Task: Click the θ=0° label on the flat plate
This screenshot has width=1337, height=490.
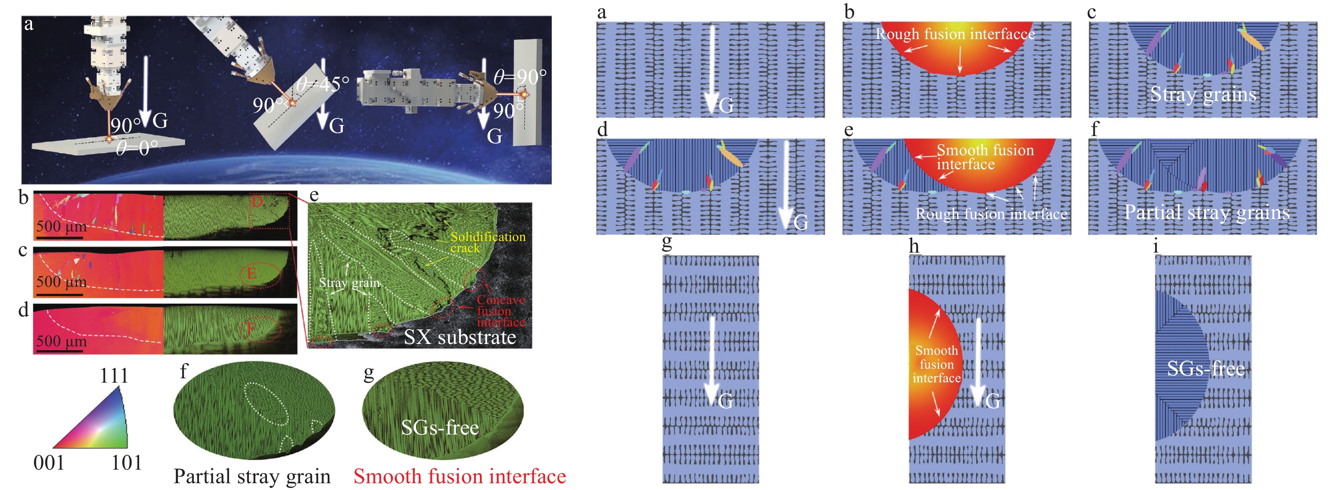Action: [x=137, y=148]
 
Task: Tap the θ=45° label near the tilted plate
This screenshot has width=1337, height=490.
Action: [x=322, y=84]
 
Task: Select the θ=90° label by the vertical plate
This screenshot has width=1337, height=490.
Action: [x=519, y=77]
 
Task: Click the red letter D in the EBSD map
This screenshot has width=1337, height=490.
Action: [x=257, y=201]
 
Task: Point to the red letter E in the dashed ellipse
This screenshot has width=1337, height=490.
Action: [x=251, y=273]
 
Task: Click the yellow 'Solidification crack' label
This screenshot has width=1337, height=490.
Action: [x=487, y=242]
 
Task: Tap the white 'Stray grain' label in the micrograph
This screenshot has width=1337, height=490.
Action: [x=349, y=283]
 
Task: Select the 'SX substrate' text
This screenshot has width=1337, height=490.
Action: [x=460, y=337]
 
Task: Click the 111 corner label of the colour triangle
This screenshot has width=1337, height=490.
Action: [x=113, y=375]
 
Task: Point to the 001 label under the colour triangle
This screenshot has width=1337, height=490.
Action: [x=49, y=462]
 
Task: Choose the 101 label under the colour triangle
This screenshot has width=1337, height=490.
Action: [x=127, y=462]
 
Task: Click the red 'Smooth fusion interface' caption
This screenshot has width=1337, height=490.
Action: [x=460, y=476]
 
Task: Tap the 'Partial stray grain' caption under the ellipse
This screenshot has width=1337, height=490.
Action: [x=252, y=476]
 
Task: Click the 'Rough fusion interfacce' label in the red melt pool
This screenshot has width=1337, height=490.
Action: [x=955, y=34]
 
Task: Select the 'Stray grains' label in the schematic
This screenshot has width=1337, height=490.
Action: [x=1203, y=95]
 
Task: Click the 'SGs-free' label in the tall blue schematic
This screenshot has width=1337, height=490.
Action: [x=1206, y=369]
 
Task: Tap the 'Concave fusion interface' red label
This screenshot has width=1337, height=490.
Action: [x=501, y=311]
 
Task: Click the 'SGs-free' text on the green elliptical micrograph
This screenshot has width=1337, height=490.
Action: [x=440, y=427]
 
